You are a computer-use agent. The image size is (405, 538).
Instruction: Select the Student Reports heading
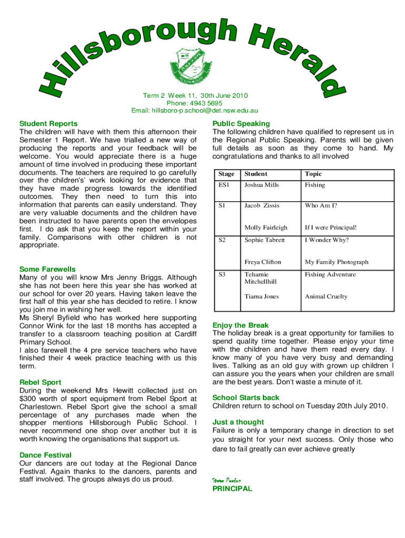pyautogui.click(x=48, y=123)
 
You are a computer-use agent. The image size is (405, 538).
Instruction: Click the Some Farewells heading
pyautogui.click(x=47, y=269)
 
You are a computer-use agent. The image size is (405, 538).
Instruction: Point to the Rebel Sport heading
pyautogui.click(x=40, y=382)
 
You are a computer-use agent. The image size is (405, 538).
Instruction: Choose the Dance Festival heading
pyautogui.click(x=45, y=455)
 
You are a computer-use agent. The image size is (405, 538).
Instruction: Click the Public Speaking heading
pyautogui.click(x=241, y=123)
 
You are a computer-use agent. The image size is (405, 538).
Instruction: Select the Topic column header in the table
pyautogui.click(x=313, y=174)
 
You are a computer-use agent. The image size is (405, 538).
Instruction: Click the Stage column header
pyautogui.click(x=227, y=174)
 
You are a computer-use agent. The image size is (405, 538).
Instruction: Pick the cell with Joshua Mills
pyautogui.click(x=261, y=185)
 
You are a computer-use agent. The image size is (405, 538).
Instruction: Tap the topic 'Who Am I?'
pyautogui.click(x=321, y=205)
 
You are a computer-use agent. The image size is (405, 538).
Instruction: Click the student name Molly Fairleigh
pyautogui.click(x=266, y=227)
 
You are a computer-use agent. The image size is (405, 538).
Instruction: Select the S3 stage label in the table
pyautogui.click(x=222, y=274)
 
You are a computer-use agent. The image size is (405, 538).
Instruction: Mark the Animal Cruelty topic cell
pyautogui.click(x=326, y=296)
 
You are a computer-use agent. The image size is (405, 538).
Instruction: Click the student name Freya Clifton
pyautogui.click(x=262, y=262)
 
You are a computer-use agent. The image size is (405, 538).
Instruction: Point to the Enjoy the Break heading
pyautogui.click(x=240, y=325)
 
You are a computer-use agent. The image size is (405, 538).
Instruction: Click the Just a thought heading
pyautogui.click(x=238, y=422)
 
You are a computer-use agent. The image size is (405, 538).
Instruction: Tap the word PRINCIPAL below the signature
pyautogui.click(x=232, y=489)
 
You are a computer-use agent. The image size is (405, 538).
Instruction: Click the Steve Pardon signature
pyautogui.click(x=226, y=480)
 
